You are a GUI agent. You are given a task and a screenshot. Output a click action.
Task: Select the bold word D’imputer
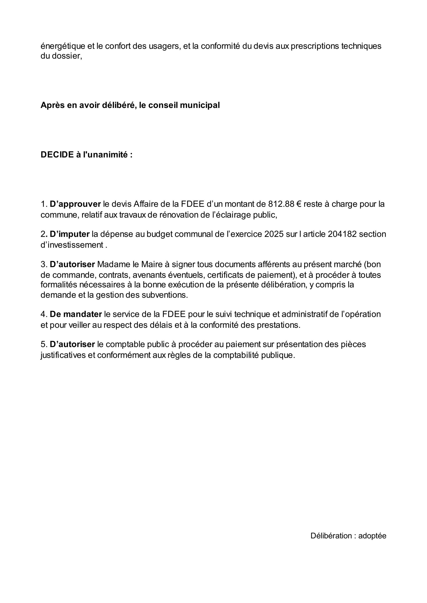tap(70, 234)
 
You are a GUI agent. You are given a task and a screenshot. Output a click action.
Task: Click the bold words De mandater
tap(76, 314)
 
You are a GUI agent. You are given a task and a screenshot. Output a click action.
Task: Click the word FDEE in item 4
tap(174, 314)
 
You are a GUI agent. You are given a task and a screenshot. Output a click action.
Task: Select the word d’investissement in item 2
tap(72, 245)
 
